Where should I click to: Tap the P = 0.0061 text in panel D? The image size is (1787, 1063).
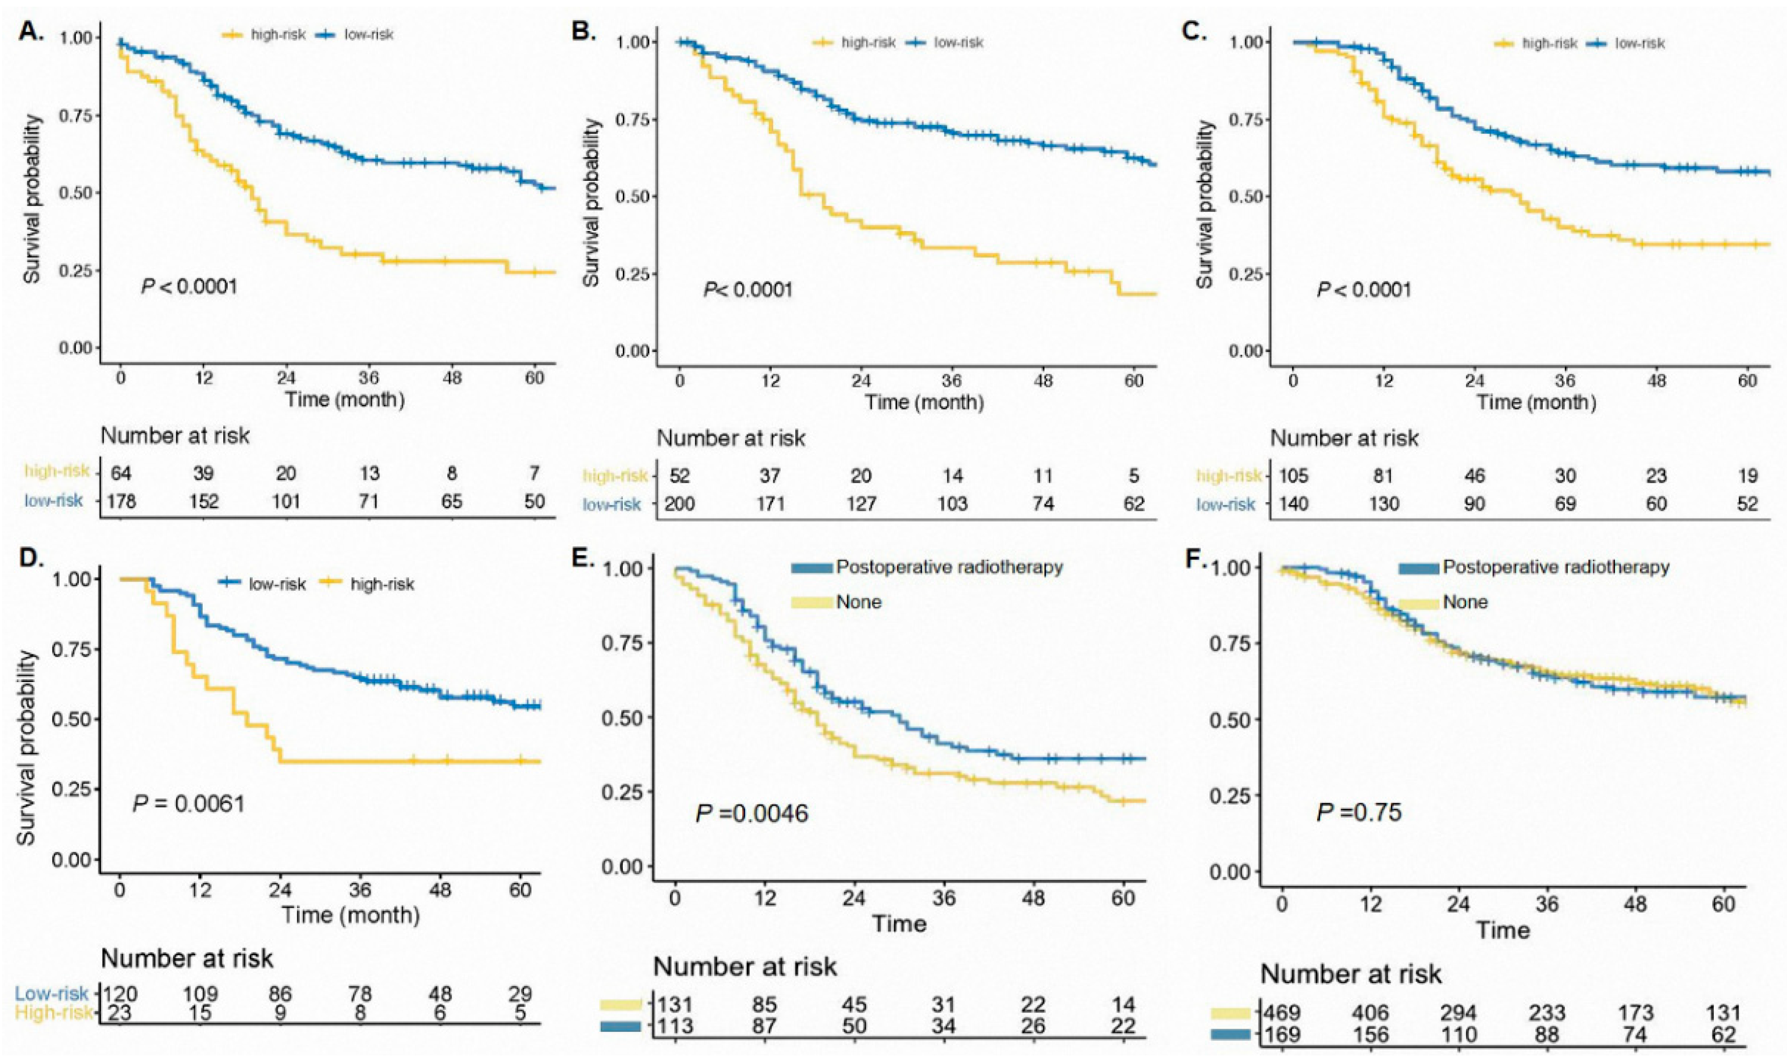click(x=188, y=803)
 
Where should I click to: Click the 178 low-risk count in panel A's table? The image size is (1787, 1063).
click(x=121, y=501)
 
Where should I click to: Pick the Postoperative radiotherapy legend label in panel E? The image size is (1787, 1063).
click(x=949, y=567)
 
